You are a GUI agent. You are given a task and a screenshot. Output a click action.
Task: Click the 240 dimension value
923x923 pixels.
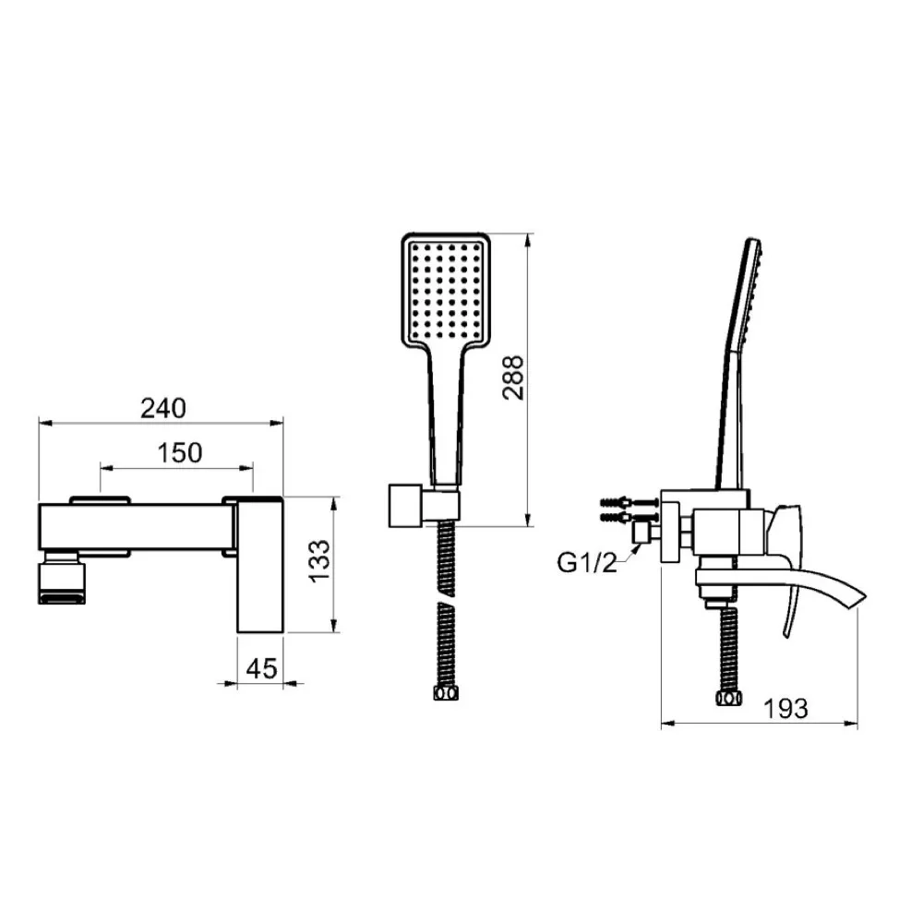pos(163,408)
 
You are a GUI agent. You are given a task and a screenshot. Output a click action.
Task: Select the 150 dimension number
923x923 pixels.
pos(180,452)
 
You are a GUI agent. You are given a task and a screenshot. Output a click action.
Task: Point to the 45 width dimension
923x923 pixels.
pos(261,668)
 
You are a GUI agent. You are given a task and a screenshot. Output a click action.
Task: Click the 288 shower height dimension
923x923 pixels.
pos(513,378)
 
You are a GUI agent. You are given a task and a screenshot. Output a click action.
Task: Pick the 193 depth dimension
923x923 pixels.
pos(785,708)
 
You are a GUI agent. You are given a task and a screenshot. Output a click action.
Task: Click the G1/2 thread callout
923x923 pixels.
pos(587,563)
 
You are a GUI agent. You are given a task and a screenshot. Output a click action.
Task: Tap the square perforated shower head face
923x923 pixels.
pos(446,290)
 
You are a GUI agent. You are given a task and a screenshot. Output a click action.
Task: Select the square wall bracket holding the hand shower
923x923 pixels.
pos(406,506)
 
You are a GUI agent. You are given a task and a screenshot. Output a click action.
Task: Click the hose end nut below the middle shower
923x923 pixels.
pos(446,693)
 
